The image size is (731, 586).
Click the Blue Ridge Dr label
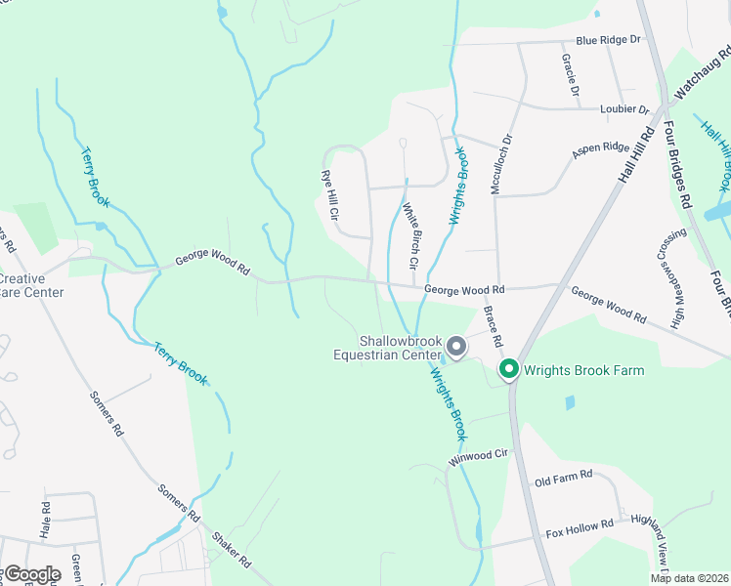(607, 40)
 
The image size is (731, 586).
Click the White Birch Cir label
(410, 235)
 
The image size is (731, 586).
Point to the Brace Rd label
(492, 327)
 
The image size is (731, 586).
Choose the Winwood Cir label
(480, 456)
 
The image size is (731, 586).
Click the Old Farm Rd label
(564, 476)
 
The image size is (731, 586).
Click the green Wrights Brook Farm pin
(508, 369)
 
